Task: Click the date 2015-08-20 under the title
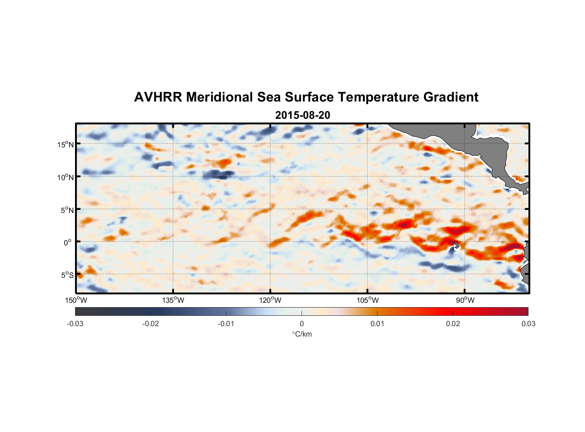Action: pos(302,115)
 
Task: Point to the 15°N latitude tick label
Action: pos(65,144)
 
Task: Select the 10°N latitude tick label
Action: pos(65,177)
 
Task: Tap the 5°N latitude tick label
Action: pos(67,210)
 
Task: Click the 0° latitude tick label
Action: pos(68,242)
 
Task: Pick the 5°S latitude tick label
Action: pos(67,275)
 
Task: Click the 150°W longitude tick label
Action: pos(76,300)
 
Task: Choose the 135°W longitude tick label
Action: pos(173,300)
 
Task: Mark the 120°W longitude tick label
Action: pos(270,300)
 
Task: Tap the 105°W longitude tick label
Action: pos(368,300)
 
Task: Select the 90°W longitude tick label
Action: pos(465,300)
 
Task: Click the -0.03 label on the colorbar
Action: pos(75,324)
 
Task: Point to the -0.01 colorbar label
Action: pos(226,324)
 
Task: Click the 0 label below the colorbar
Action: pos(302,324)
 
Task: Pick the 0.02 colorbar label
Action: pos(453,324)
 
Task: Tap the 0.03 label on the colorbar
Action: pos(528,324)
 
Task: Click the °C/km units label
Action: pos(302,334)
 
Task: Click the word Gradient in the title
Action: pos(451,97)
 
